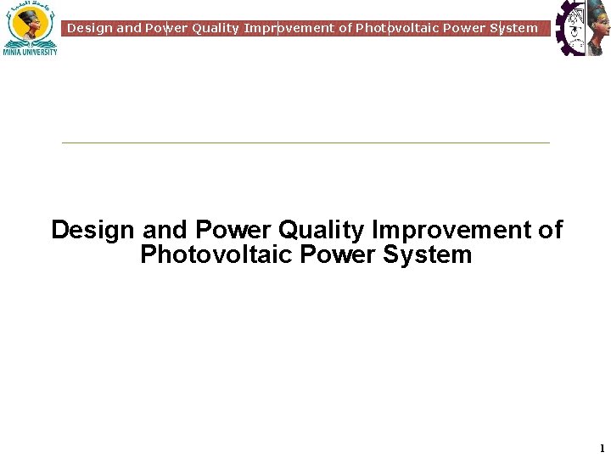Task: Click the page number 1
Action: pos(602,448)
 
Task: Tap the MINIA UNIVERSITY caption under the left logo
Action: pos(30,52)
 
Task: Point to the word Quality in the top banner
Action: pos(216,28)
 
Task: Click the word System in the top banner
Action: pos(513,28)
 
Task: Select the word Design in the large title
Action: pos(93,230)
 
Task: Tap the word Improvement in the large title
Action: pos(451,230)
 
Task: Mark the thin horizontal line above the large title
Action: pos(305,142)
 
